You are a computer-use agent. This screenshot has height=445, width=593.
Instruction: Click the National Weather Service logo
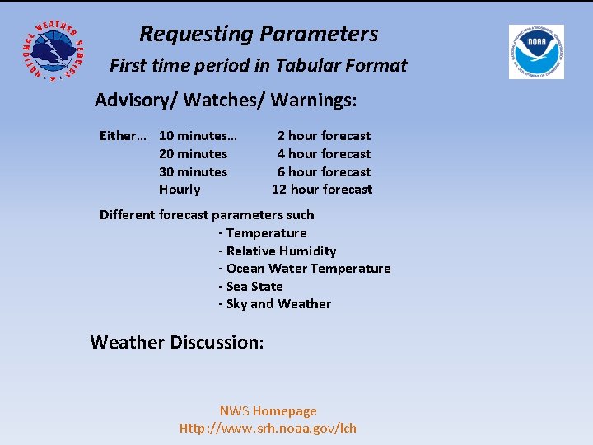pyautogui.click(x=51, y=49)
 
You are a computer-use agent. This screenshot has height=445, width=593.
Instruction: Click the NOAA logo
pyautogui.click(x=535, y=51)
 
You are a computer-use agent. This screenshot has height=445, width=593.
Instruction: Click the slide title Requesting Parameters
pyautogui.click(x=259, y=34)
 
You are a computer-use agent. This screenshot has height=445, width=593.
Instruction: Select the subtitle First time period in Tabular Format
pyautogui.click(x=259, y=66)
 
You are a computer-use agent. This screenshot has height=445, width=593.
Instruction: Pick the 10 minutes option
pyautogui.click(x=197, y=136)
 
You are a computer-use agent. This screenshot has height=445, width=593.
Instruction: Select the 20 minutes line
pyautogui.click(x=193, y=154)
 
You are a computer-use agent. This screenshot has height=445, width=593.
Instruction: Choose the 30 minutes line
pyautogui.click(x=193, y=172)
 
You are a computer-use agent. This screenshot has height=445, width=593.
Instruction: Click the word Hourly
pyautogui.click(x=180, y=190)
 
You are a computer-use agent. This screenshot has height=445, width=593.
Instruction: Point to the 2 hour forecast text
pyautogui.click(x=324, y=136)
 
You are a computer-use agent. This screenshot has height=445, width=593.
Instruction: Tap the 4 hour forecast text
pyautogui.click(x=324, y=154)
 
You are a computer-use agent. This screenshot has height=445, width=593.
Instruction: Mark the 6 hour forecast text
pyautogui.click(x=324, y=172)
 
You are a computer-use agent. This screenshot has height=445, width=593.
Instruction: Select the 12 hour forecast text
pyautogui.click(x=322, y=190)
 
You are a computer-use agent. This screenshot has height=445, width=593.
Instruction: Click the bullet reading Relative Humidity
pyautogui.click(x=278, y=251)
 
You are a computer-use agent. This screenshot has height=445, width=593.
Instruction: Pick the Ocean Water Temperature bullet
pyautogui.click(x=305, y=269)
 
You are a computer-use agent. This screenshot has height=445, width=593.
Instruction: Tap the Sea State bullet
pyautogui.click(x=251, y=287)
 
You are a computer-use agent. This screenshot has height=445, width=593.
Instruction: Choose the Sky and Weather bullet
pyautogui.click(x=275, y=304)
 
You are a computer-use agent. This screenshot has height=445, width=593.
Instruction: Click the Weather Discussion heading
pyautogui.click(x=177, y=342)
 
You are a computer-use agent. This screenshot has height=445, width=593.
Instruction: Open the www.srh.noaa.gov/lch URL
pyautogui.click(x=268, y=429)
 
